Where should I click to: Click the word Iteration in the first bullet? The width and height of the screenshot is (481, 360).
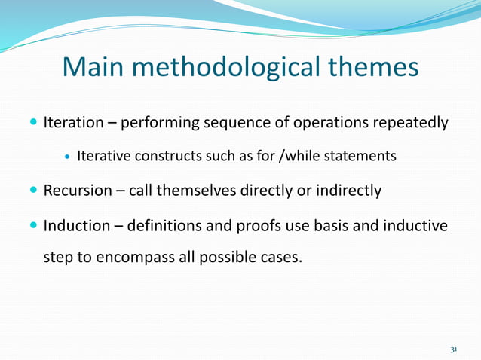tap(73, 122)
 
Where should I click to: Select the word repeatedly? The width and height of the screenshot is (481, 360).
tap(412, 122)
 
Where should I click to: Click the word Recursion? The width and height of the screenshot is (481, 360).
tap(77, 191)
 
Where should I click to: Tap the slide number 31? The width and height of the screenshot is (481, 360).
tap(454, 349)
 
